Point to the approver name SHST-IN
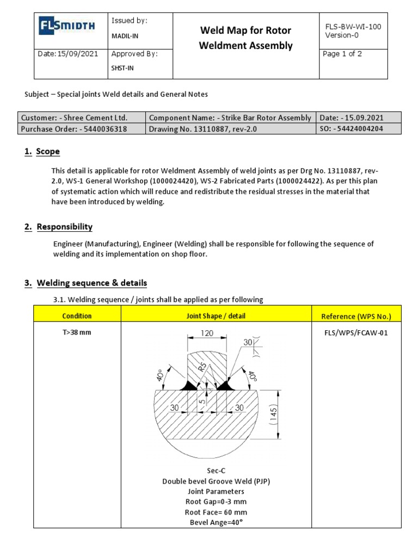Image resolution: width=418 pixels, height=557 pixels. click(x=123, y=69)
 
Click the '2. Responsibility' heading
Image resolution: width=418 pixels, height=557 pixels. click(x=64, y=227)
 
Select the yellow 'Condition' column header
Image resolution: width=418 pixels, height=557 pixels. click(x=77, y=316)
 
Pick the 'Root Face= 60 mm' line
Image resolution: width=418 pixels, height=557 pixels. click(x=217, y=512)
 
